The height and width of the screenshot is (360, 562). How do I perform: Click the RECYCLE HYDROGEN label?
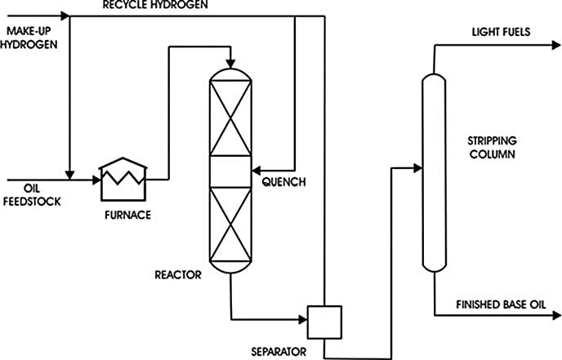click(x=155, y=6)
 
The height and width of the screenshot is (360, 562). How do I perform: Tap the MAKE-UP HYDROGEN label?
click(x=31, y=38)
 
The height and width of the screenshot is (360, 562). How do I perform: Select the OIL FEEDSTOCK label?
click(x=25, y=193)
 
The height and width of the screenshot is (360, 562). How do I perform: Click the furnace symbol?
click(x=123, y=178)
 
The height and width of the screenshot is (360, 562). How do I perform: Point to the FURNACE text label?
click(x=127, y=216)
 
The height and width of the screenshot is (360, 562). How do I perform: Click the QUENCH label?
click(x=283, y=182)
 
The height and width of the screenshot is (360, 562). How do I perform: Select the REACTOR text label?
click(x=178, y=275)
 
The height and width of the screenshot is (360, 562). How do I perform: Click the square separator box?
click(x=323, y=321)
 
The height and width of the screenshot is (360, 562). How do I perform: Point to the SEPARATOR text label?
click(x=278, y=353)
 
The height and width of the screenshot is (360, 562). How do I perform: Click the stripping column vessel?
click(x=432, y=171)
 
